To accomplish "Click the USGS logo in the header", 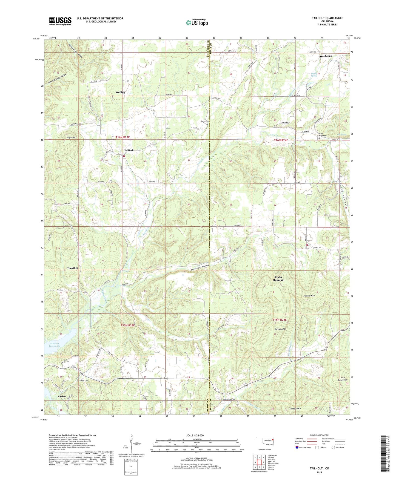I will pyautogui.click(x=60, y=21).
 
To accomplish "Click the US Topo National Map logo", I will pyautogui.click(x=196, y=22).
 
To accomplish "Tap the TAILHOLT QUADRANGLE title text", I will pyautogui.click(x=327, y=18).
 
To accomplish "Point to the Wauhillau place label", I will pyautogui.click(x=326, y=56).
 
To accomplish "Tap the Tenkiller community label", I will pyautogui.click(x=73, y=268).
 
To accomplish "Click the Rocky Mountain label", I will pyautogui.click(x=278, y=278).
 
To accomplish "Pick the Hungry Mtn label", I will pyautogui.click(x=309, y=296).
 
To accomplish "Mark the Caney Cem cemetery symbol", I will pyautogui.click(x=207, y=124).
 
